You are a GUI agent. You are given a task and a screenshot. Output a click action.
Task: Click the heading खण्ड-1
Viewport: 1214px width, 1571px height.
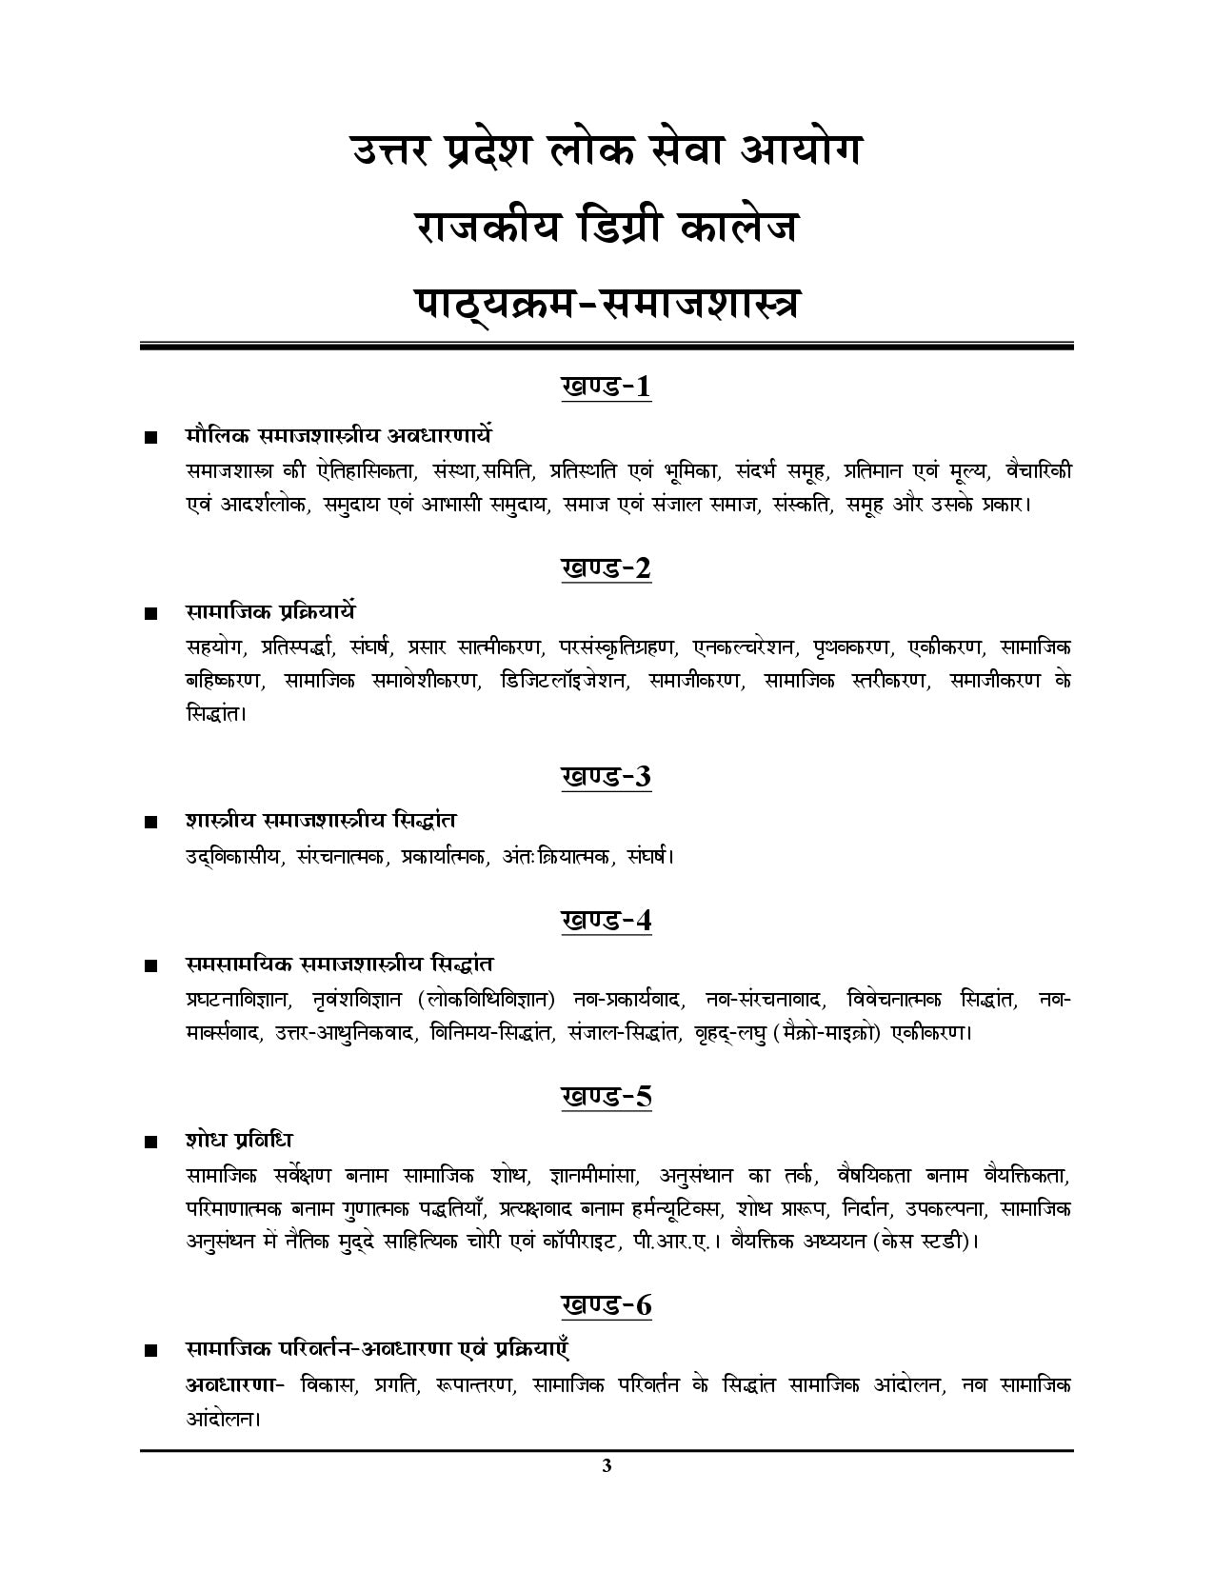click(x=607, y=387)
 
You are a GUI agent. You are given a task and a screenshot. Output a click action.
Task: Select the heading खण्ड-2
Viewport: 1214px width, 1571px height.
click(x=607, y=568)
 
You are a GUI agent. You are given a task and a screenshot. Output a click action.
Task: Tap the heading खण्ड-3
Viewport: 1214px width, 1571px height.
click(x=607, y=777)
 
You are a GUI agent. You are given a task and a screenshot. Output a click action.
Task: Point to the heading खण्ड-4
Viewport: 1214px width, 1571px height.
click(x=607, y=921)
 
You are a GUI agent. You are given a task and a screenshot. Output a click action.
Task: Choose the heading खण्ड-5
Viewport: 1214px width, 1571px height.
click(x=607, y=1097)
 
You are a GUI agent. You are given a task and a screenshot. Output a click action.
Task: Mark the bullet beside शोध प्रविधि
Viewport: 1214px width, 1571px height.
click(x=149, y=1143)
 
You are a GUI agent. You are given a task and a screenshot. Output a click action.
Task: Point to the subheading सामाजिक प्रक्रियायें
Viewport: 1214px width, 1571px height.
click(x=270, y=611)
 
